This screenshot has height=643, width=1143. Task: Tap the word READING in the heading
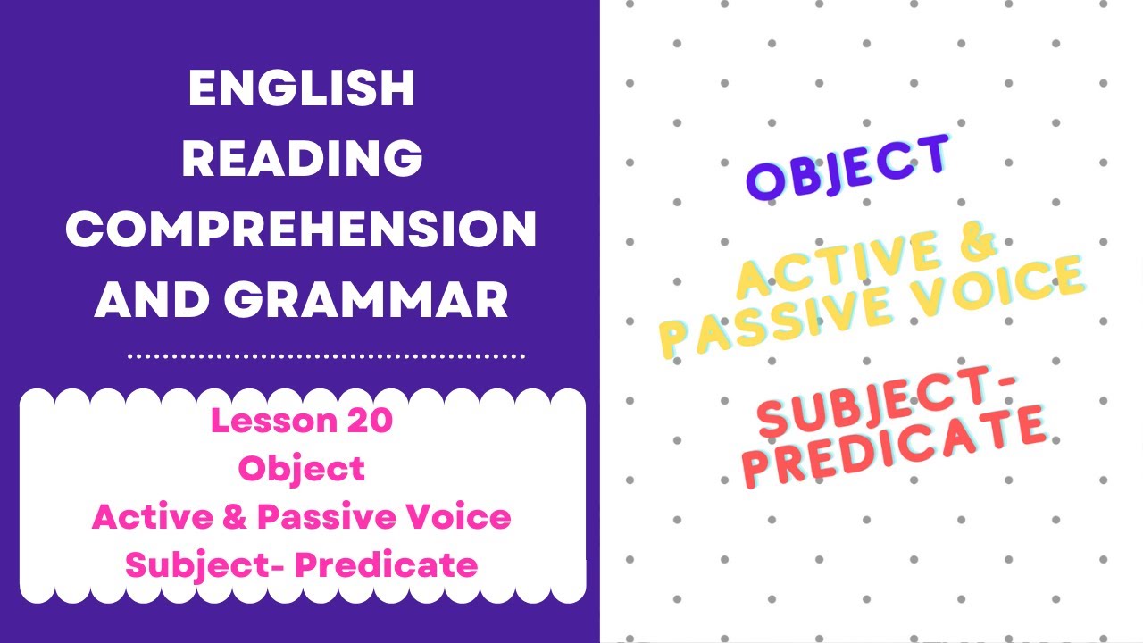[302, 160]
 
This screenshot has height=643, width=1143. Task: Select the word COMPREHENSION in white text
[301, 230]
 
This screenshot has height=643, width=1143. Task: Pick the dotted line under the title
[326, 356]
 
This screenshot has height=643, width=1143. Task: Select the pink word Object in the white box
[302, 468]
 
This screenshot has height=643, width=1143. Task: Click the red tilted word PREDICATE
[894, 446]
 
